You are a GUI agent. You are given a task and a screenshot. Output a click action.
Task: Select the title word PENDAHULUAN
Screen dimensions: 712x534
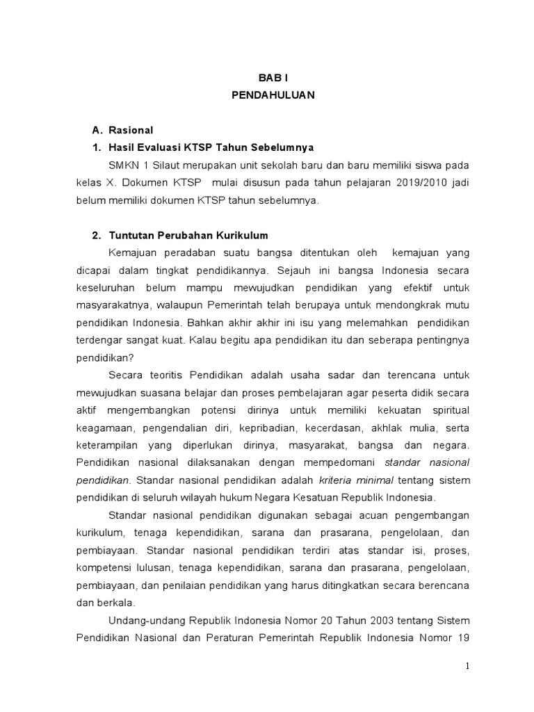pyautogui.click(x=273, y=97)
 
